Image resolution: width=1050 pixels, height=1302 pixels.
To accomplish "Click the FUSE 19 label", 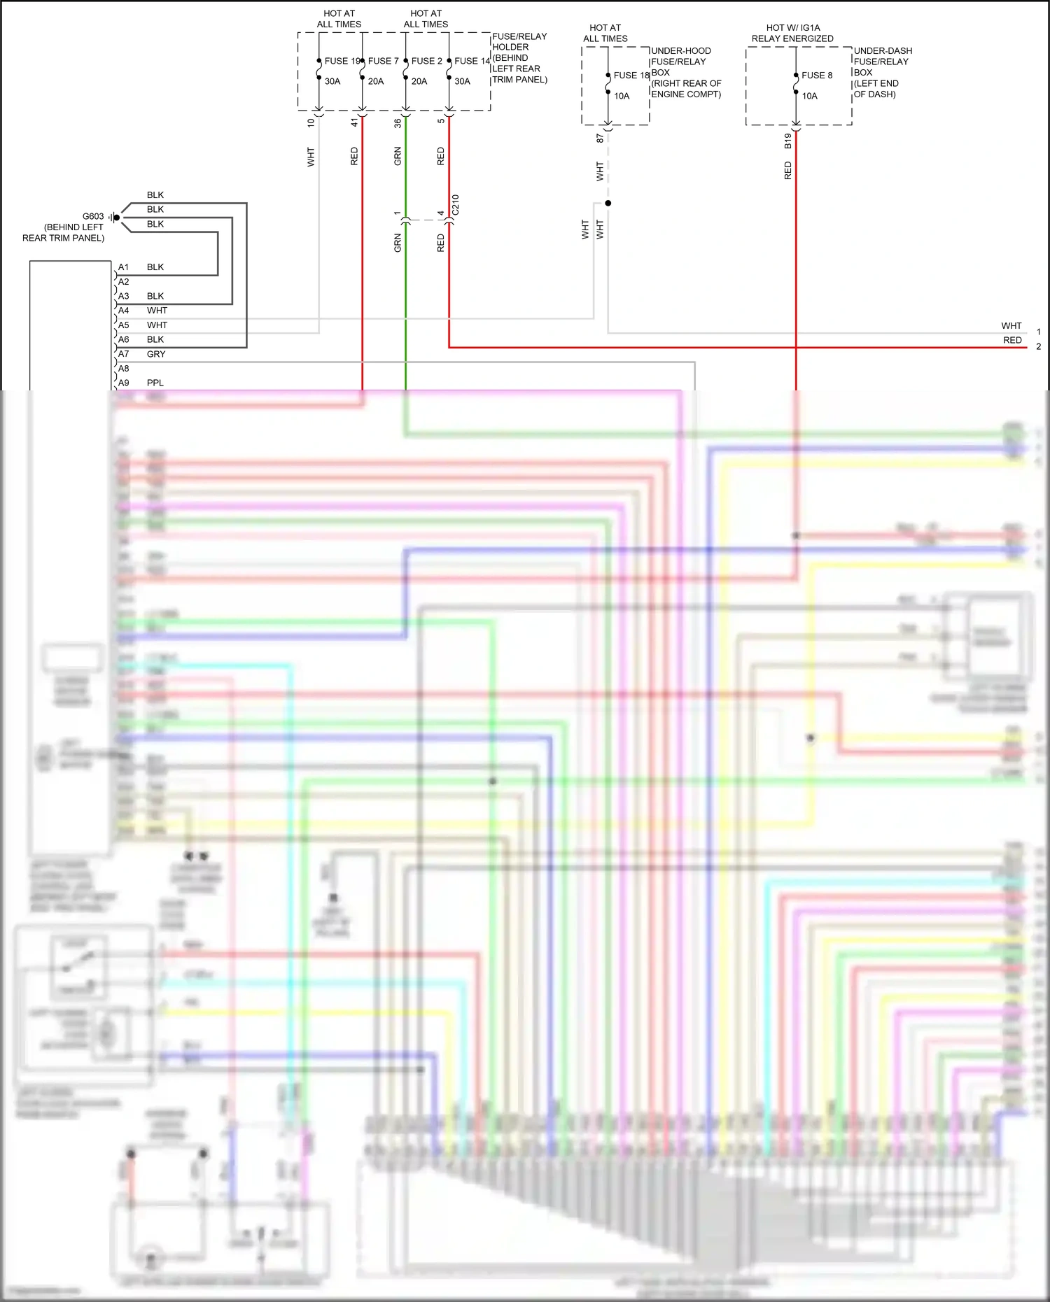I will click(342, 61).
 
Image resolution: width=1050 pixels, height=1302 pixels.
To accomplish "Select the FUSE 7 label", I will click(383, 61).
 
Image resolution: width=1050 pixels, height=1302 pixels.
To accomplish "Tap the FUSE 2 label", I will click(426, 61).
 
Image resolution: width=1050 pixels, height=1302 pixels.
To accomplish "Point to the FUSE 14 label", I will click(472, 61).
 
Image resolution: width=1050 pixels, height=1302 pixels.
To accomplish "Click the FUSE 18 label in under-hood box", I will click(631, 76).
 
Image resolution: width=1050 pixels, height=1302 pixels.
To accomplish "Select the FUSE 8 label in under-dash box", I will click(817, 76).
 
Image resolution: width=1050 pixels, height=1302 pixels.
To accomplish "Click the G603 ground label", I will click(93, 217).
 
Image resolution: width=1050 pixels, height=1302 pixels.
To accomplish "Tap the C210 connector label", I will click(456, 204).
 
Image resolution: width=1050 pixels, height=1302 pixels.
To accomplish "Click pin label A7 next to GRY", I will click(123, 354).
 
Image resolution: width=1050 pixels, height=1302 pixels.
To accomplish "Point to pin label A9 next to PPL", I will click(123, 383).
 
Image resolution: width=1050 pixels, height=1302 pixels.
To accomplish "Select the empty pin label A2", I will click(123, 282).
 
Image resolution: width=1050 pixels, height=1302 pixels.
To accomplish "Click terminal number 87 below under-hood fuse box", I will click(600, 139).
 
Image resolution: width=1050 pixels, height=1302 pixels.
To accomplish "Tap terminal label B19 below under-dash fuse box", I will click(787, 141).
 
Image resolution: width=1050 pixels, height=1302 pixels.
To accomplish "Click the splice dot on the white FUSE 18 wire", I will click(608, 203).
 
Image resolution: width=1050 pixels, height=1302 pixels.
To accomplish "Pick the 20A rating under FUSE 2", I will click(419, 81).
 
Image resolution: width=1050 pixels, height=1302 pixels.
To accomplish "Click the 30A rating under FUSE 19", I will click(332, 81).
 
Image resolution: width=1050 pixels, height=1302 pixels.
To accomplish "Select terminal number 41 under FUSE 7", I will click(354, 122).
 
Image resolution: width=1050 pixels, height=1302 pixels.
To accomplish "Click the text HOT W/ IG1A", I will click(792, 28).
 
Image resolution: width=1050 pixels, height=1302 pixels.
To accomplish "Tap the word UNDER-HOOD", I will click(680, 51).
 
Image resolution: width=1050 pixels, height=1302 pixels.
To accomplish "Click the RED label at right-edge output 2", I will click(1012, 340).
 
